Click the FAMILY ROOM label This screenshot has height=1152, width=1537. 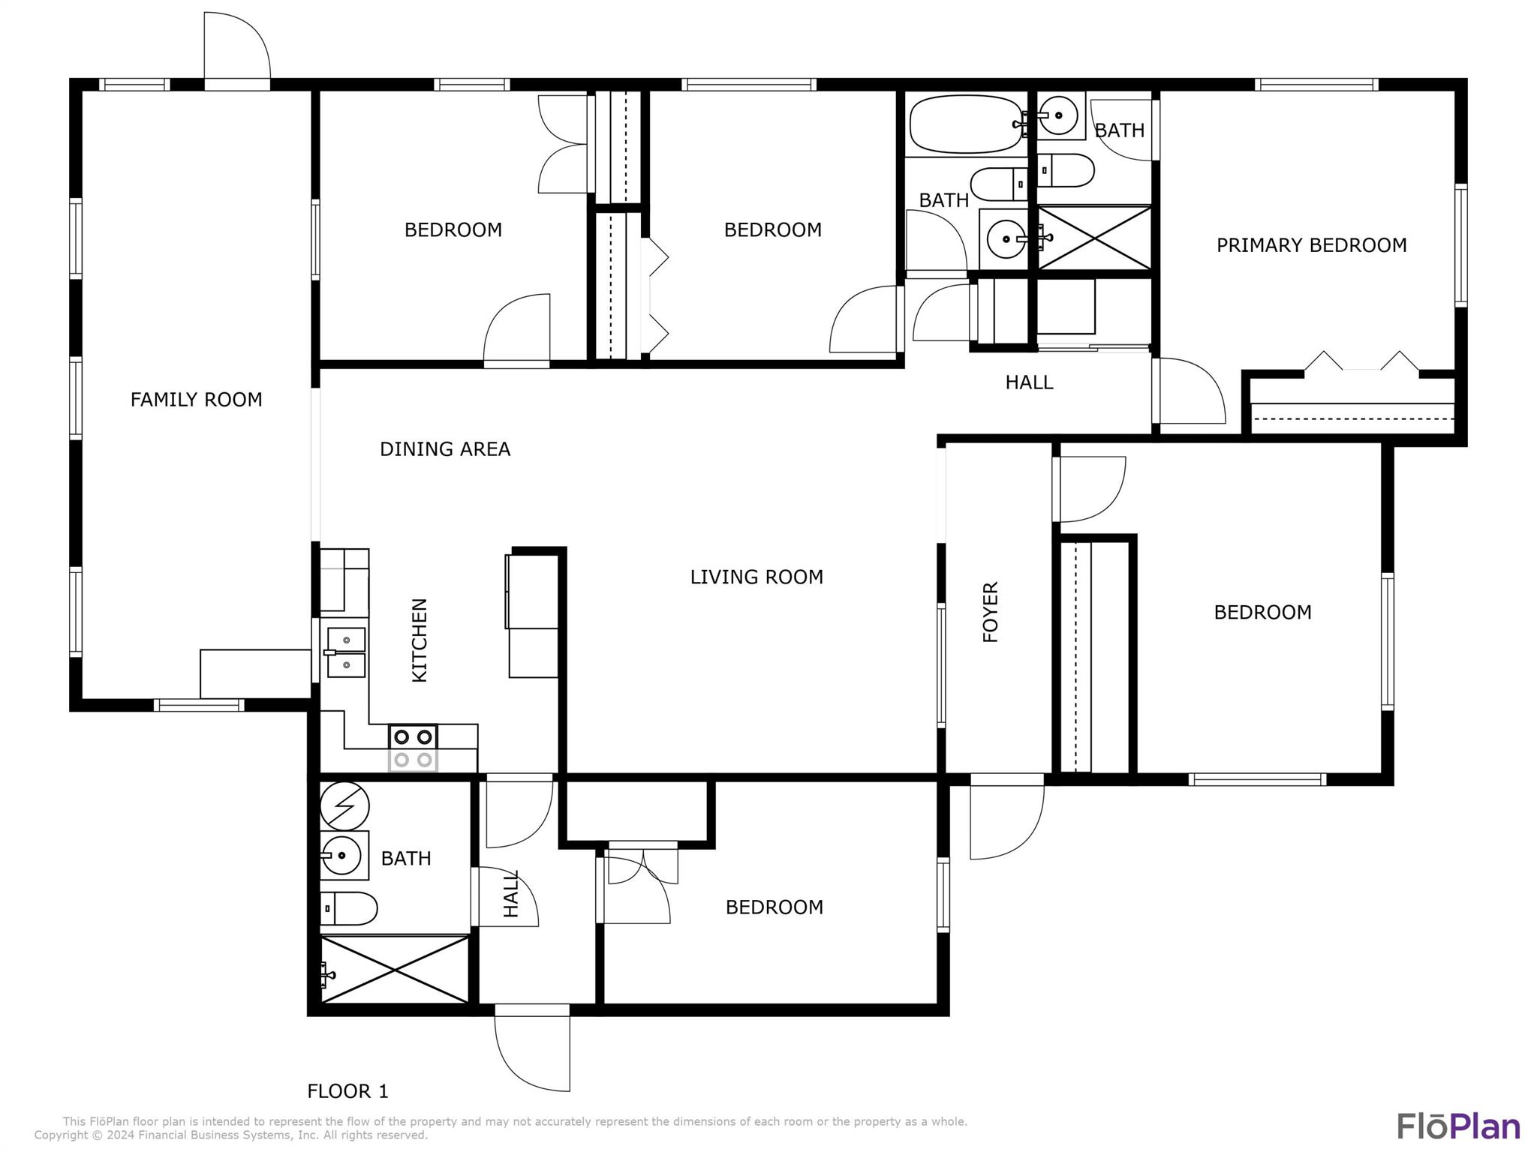click(x=197, y=400)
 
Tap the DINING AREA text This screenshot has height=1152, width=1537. click(x=445, y=449)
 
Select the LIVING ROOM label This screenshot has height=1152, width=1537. click(x=756, y=577)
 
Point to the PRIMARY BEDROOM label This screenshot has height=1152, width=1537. click(x=1311, y=245)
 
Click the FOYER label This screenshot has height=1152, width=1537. click(x=991, y=612)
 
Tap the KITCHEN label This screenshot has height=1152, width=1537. click(x=420, y=640)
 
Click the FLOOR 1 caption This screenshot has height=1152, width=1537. click(x=347, y=1090)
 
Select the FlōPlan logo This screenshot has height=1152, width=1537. click(x=1458, y=1126)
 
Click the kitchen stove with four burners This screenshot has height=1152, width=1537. click(x=413, y=748)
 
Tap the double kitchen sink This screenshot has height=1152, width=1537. click(x=346, y=652)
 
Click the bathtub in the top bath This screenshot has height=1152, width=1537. click(x=967, y=124)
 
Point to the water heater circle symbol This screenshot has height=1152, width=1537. click(x=344, y=807)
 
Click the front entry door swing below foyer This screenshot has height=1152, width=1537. click(x=1006, y=817)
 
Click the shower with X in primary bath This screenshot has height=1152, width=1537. click(x=1094, y=238)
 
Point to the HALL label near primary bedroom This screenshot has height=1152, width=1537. click(x=1029, y=382)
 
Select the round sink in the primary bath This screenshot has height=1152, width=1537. click(x=1059, y=115)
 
